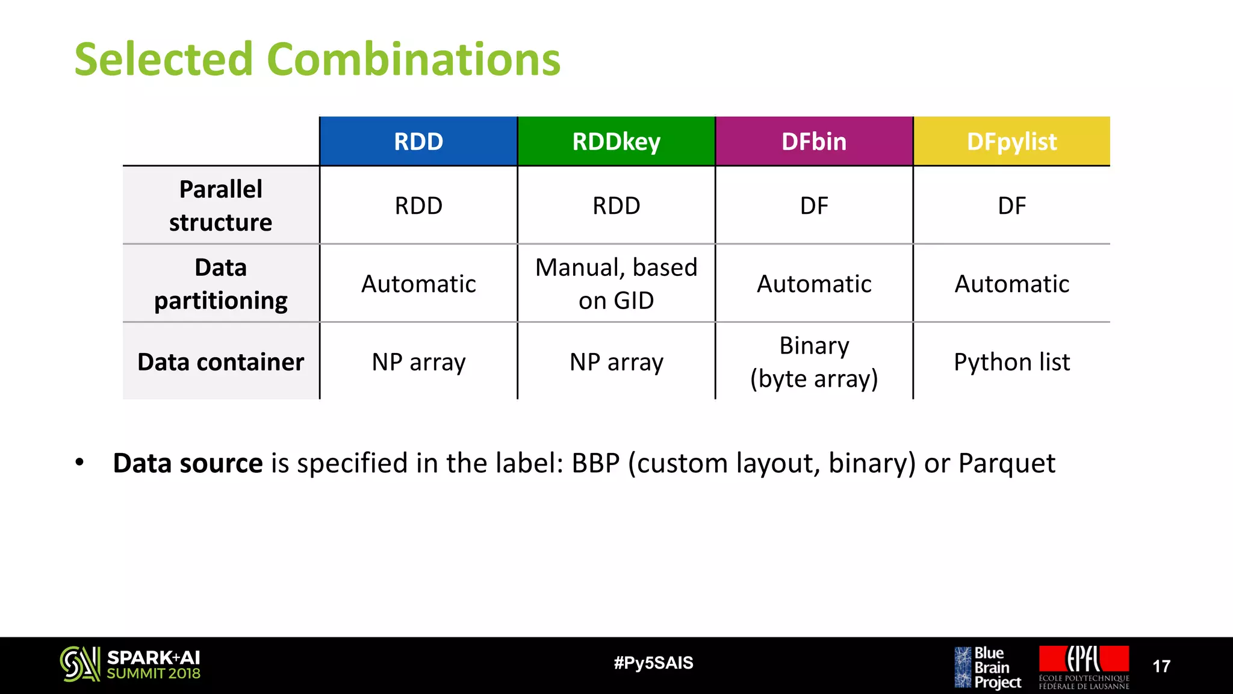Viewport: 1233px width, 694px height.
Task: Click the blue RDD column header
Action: coord(418,142)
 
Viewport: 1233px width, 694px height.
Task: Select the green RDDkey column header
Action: coord(616,142)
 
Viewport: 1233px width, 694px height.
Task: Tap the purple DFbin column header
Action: coord(814,142)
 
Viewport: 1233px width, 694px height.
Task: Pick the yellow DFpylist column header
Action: coord(1011,142)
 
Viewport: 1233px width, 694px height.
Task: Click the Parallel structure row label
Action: coord(220,205)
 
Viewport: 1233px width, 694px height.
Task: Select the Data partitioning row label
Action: coord(220,284)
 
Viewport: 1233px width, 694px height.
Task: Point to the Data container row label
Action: coord(220,362)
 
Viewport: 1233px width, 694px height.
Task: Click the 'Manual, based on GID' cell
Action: coord(616,284)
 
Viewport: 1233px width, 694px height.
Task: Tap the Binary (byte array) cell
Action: coord(814,362)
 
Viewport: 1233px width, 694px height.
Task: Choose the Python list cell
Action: coord(1011,362)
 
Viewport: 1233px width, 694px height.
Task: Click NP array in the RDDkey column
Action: coord(616,362)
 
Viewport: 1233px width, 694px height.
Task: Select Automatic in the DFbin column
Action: coord(814,284)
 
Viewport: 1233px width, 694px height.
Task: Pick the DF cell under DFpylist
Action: coord(1011,206)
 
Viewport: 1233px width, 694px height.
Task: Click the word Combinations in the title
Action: coord(413,59)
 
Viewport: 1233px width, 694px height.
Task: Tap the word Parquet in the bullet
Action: coord(1006,463)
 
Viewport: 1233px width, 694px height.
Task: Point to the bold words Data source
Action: coord(188,463)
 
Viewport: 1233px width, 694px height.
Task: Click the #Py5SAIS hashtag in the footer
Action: coord(653,663)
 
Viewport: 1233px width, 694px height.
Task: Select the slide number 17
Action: coord(1161,666)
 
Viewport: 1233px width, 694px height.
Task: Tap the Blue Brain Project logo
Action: coord(988,667)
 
